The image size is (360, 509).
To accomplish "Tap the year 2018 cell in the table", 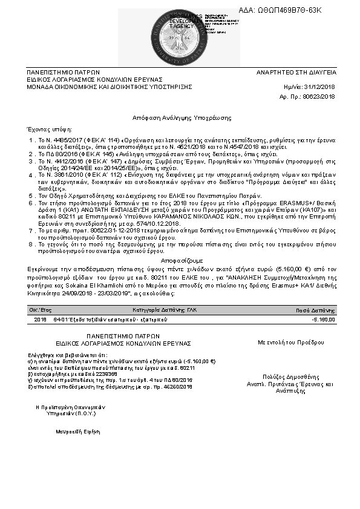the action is tap(41, 319).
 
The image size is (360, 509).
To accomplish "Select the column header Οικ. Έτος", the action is tap(41, 308).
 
